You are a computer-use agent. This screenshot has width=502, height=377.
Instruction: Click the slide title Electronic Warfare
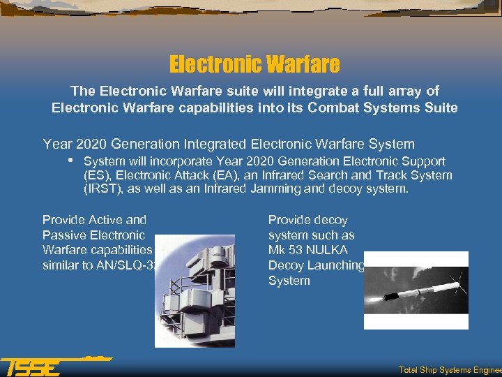pos(254,65)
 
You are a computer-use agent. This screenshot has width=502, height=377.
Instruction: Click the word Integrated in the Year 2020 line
pos(212,145)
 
